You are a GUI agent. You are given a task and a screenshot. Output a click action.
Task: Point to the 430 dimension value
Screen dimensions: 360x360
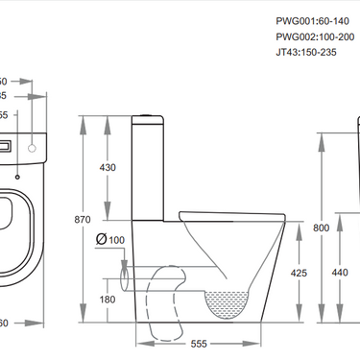tap(108, 167)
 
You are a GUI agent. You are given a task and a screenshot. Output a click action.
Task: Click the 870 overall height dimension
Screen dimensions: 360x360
tap(85, 220)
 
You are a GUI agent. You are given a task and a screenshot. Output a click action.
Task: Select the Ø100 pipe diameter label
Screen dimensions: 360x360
tap(111, 239)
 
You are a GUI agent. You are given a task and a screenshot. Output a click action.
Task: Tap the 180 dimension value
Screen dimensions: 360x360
tap(108, 300)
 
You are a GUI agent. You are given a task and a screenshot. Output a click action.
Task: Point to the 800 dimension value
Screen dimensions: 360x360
tap(321, 228)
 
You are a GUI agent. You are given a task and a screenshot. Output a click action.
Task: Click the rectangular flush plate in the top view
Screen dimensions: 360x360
tap(7, 148)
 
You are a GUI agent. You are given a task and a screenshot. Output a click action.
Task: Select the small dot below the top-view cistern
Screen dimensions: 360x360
tap(18, 176)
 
